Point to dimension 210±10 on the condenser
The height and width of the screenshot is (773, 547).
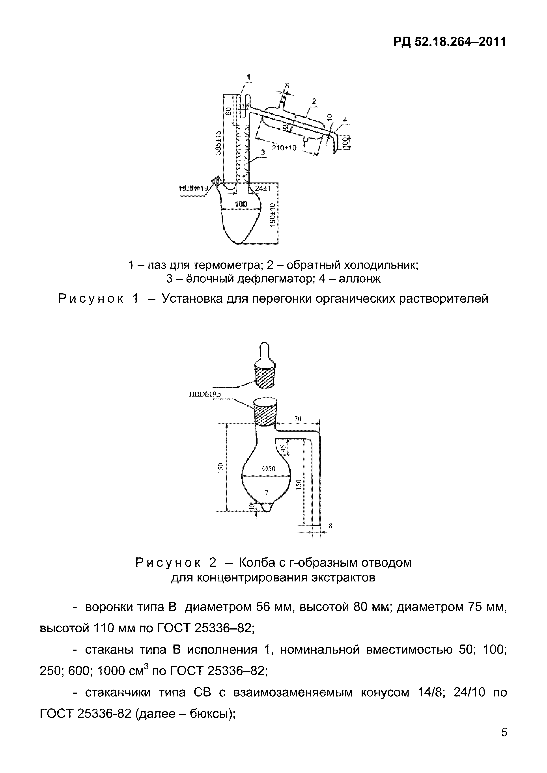point(284,148)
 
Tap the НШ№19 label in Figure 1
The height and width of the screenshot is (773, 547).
point(194,188)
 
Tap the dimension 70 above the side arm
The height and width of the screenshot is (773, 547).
point(298,419)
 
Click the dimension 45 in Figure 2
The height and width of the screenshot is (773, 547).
point(283,449)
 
